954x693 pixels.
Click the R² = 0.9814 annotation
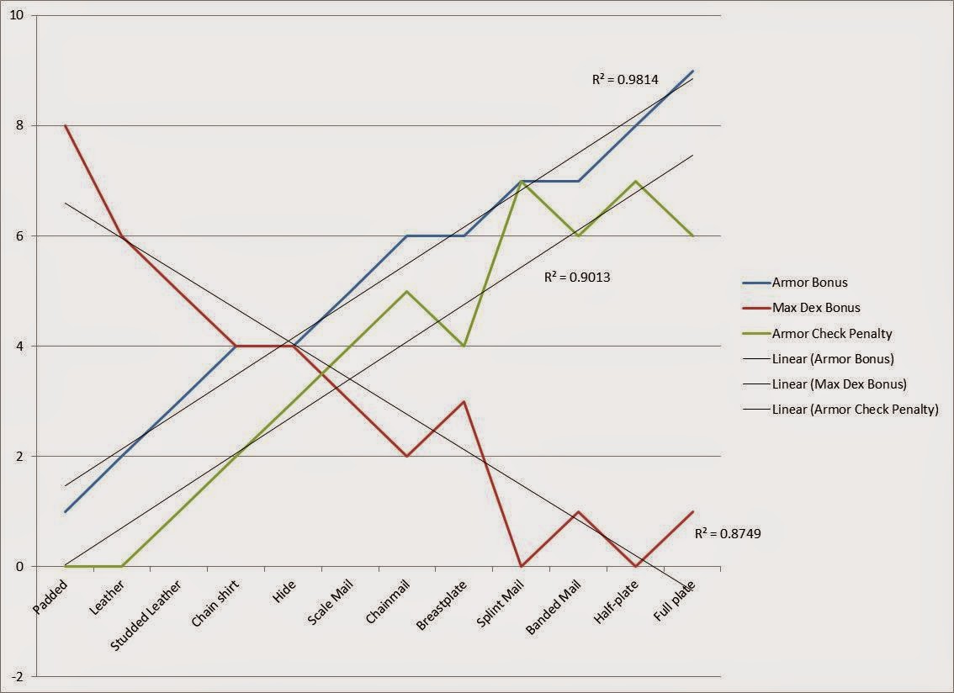click(x=625, y=80)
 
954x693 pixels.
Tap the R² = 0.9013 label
click(x=577, y=276)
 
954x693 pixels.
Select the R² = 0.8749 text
click(x=728, y=533)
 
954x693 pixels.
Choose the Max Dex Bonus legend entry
click(x=814, y=308)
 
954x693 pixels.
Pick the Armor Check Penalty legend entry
click(x=831, y=334)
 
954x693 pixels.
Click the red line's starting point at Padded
click(x=65, y=125)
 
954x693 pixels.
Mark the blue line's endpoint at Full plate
click(x=692, y=71)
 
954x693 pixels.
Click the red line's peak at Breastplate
click(x=464, y=401)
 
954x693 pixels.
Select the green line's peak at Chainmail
click(x=407, y=291)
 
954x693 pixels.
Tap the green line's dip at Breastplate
click(x=464, y=346)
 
